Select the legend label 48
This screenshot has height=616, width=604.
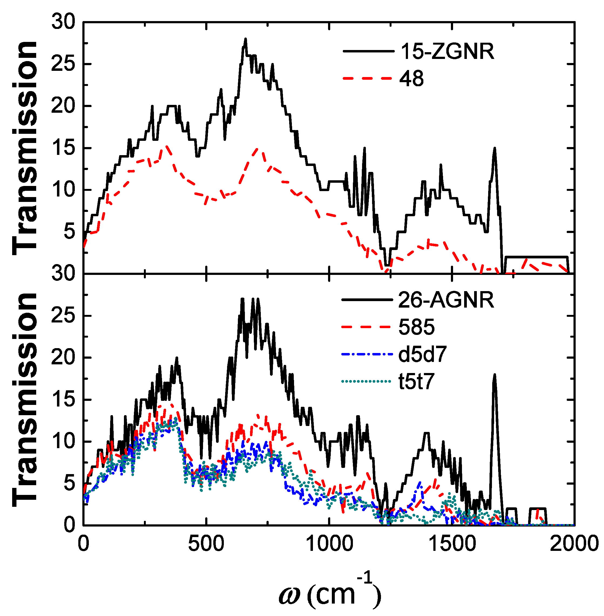coord(411,79)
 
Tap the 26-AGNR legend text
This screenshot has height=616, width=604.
coord(446,300)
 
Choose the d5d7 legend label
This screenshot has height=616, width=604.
coord(422,354)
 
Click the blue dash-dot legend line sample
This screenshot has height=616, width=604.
coord(367,354)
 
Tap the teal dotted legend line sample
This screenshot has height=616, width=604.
coord(367,381)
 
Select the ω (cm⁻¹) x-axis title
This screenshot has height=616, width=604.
coord(330,593)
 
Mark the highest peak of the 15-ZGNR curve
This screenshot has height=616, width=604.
coord(245,39)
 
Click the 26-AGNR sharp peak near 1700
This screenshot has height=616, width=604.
coord(494,375)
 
